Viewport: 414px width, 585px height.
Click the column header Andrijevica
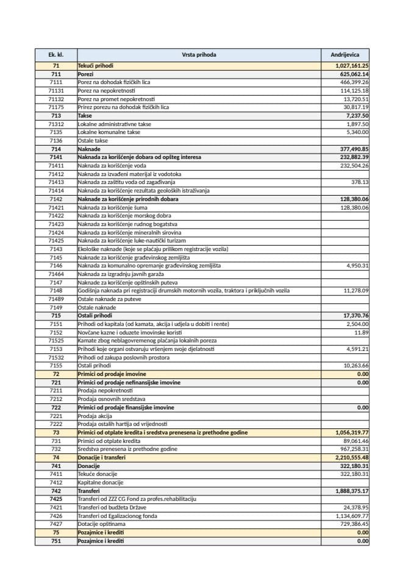pos(345,55)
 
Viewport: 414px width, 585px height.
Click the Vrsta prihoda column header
pos(198,55)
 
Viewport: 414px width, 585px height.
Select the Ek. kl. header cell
pos(56,55)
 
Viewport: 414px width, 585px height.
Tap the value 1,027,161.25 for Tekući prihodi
pos(352,66)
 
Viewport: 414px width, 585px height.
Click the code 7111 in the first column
pos(56,82)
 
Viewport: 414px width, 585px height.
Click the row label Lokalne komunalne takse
pos(109,132)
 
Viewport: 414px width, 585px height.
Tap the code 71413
pos(56,182)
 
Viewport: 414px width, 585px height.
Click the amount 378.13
pos(360,182)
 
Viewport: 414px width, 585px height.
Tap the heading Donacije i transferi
pos(102,457)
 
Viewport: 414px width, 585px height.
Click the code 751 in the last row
pos(56,541)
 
